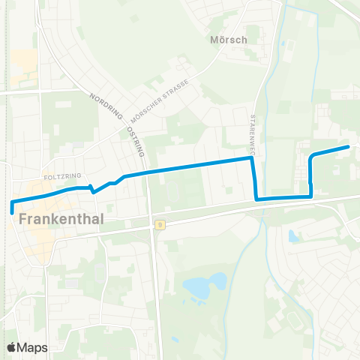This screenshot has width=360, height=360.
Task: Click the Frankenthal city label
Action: coord(59,220)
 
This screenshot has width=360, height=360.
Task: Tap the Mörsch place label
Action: coord(229,40)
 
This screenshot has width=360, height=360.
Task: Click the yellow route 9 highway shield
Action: coord(160,223)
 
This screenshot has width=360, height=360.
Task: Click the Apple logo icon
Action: coord(11,347)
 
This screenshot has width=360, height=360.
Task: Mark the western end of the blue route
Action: coord(13,212)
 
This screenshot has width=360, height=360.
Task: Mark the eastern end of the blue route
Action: coord(349,147)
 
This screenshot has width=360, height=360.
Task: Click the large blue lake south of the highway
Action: coord(202,285)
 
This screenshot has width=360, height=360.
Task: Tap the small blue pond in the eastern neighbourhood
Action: coord(293,236)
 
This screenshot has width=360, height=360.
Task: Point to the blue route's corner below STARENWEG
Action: coord(257,199)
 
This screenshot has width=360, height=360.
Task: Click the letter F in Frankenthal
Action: coord(22,220)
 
